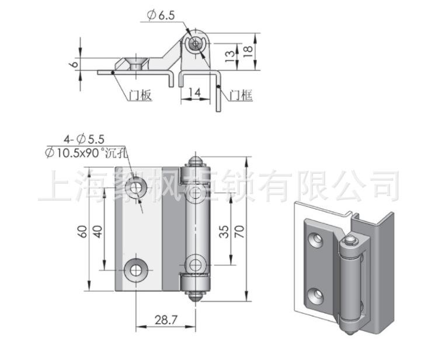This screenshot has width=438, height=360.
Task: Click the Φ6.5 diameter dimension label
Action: tap(162, 15)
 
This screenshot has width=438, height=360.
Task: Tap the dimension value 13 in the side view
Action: tap(231, 57)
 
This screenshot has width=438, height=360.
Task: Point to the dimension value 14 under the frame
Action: tap(194, 92)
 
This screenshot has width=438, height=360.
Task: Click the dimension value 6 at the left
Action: tap(74, 64)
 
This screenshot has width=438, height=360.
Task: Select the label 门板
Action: tap(140, 96)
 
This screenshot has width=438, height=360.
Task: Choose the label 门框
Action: tap(241, 96)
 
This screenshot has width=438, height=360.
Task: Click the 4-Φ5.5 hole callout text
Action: tap(84, 139)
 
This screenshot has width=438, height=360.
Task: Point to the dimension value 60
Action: tap(83, 232)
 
